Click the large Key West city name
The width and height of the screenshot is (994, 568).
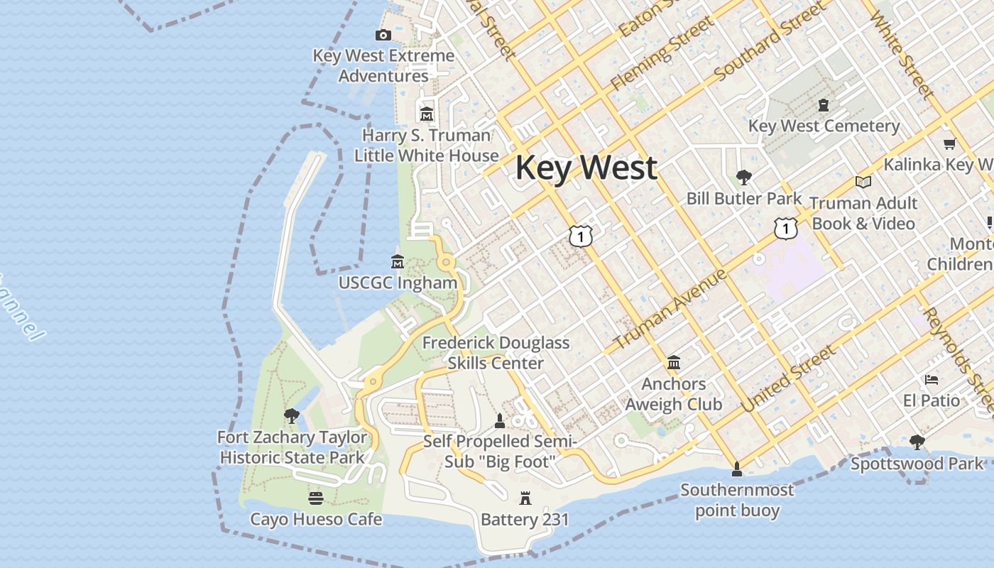click(586, 168)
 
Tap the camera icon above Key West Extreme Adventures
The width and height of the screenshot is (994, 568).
click(383, 35)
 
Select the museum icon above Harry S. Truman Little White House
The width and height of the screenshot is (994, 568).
click(426, 114)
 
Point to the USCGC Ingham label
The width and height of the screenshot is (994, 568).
click(398, 283)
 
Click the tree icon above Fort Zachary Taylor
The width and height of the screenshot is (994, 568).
click(291, 416)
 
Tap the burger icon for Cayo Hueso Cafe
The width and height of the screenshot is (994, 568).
click(316, 498)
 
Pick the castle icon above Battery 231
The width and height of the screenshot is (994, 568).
click(525, 498)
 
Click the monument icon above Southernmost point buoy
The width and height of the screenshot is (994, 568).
click(737, 469)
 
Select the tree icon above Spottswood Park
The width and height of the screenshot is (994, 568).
click(917, 442)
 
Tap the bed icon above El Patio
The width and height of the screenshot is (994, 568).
click(932, 380)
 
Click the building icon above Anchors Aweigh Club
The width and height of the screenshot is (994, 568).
click(674, 363)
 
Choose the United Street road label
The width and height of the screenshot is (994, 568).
click(788, 378)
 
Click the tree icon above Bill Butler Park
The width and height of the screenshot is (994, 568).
click(743, 177)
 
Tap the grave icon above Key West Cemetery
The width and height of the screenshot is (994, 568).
click(824, 105)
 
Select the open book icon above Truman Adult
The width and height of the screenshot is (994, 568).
click(863, 182)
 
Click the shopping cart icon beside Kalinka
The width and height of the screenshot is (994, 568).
click(950, 143)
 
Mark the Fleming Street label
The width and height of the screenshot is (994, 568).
click(662, 53)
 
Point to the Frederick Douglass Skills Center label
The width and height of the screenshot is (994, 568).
click(496, 353)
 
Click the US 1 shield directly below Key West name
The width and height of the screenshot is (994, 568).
click(581, 236)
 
